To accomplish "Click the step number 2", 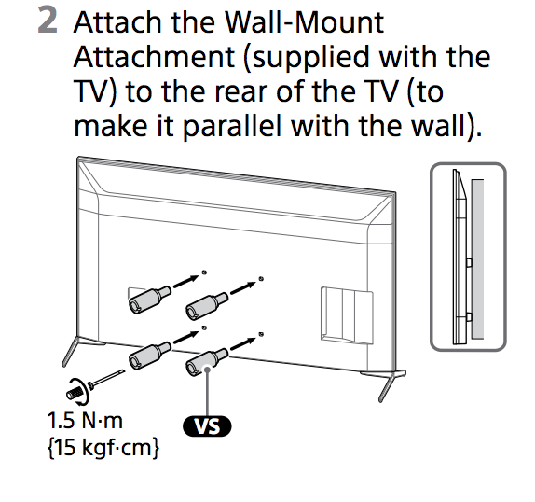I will coord(49,22).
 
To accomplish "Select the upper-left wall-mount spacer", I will coord(146,296).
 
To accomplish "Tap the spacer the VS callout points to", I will coord(206,359).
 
